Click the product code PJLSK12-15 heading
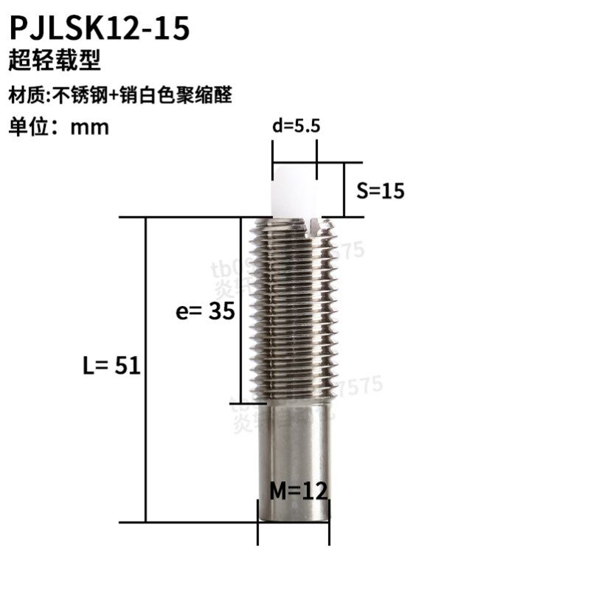(99, 27)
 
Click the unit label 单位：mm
(58, 127)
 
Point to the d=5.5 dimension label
(296, 126)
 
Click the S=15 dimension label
(381, 191)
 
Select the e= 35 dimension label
(200, 311)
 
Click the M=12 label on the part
(296, 490)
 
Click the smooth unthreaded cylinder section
(295, 450)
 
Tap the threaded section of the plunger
(295, 310)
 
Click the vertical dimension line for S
(344, 190)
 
